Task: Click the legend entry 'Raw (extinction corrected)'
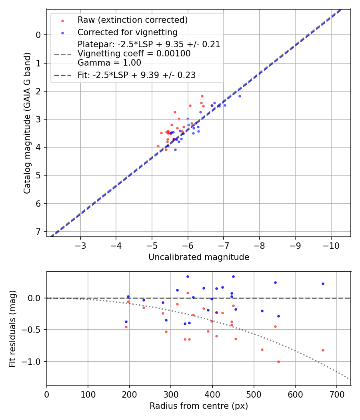point(132,20)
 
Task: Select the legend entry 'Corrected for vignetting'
point(127,32)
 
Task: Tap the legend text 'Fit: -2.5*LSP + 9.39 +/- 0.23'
point(136,75)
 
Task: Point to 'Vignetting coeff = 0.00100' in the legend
point(134,54)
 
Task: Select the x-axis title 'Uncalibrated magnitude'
point(199,257)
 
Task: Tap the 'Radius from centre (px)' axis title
point(199,406)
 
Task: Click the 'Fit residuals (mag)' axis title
point(12,328)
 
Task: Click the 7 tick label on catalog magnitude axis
point(38,232)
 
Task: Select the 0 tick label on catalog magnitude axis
point(38,35)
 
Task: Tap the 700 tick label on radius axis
point(336,394)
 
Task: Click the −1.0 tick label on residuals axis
point(32,362)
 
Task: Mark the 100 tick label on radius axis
point(88,394)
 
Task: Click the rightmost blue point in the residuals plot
point(323,284)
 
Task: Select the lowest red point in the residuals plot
point(278,362)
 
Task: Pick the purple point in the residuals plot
point(216,312)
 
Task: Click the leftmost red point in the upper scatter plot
point(158,146)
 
